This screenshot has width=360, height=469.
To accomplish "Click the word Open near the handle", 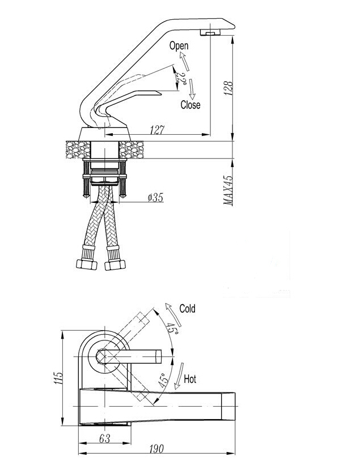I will point(179,46).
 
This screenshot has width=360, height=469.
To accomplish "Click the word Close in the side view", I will point(190,105).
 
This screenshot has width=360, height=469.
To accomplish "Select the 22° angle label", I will point(181,78).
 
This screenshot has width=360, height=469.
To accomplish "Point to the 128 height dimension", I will point(228,88).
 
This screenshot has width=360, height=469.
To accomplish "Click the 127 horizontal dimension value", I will point(157,130).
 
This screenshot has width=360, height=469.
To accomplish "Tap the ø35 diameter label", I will point(155,198).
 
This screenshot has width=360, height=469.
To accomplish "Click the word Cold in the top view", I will point(187,309).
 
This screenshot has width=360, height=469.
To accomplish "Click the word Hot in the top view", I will point(190,379).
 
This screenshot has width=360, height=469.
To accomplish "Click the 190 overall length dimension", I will point(156,449).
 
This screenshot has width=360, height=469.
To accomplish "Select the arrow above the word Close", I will point(192,88).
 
